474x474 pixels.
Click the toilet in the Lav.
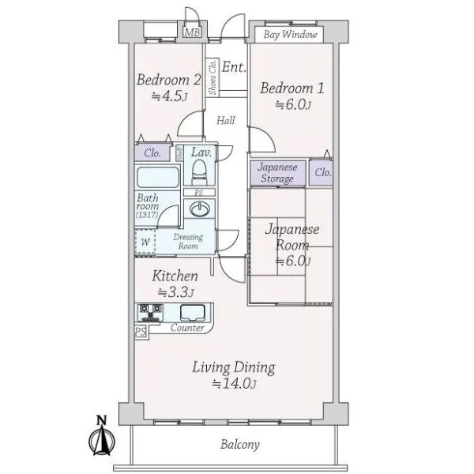click(200, 171)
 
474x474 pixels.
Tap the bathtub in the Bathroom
click(158, 177)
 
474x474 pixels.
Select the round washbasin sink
click(199, 209)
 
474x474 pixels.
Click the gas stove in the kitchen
click(150, 313)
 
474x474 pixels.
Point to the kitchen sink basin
click(193, 313)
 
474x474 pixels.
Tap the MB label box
click(192, 32)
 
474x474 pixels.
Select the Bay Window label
click(290, 35)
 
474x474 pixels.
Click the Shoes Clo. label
click(213, 77)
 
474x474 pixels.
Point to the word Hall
click(225, 121)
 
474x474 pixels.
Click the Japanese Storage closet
click(278, 173)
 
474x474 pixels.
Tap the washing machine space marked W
click(145, 242)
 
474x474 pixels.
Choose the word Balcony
click(240, 445)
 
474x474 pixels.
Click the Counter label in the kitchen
click(187, 328)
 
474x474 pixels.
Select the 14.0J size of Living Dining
click(235, 384)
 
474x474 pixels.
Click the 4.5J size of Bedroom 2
click(169, 96)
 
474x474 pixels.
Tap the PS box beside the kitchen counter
click(141, 332)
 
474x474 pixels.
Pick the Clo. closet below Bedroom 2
click(152, 152)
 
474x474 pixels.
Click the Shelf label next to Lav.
click(179, 153)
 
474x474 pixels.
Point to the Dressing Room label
click(188, 242)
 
